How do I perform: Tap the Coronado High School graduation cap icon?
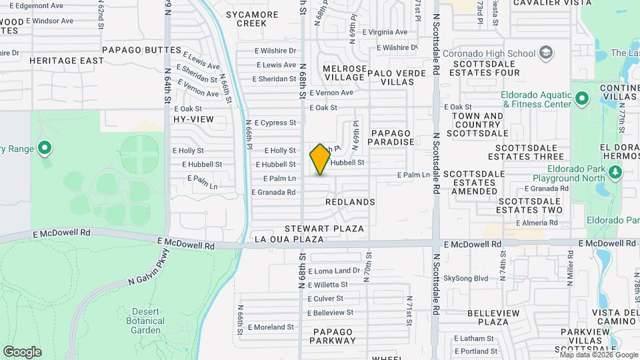(547, 53)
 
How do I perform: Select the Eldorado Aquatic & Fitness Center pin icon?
(582, 100)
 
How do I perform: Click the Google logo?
(22, 351)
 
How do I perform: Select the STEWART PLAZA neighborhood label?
(325, 229)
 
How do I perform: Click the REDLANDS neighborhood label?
(350, 201)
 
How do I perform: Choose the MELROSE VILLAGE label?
(345, 73)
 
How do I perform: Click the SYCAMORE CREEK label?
(246, 19)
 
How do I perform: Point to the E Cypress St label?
(274, 123)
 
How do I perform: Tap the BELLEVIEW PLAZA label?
(489, 317)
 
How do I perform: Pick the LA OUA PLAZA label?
(289, 239)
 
